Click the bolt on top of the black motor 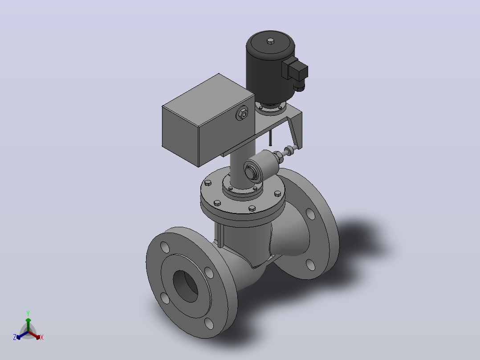click(x=270, y=41)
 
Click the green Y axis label click(x=28, y=313)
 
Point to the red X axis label click(x=42, y=337)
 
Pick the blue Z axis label click(x=15, y=337)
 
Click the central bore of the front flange click(x=185, y=286)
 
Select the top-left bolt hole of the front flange click(x=165, y=247)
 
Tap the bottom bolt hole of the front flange click(x=209, y=323)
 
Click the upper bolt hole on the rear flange click(x=310, y=214)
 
